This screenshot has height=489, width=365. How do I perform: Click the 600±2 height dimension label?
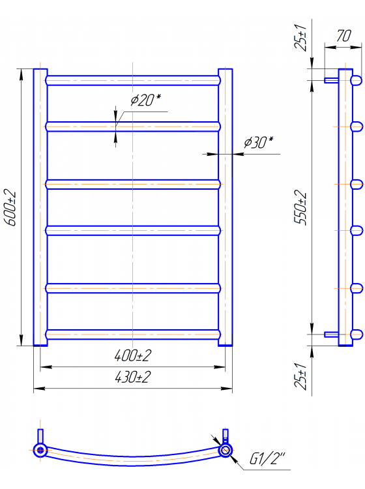(10, 207)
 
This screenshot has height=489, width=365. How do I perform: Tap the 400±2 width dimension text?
(133, 355)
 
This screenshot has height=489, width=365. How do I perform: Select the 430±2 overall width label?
(133, 377)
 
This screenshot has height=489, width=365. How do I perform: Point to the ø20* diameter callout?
(145, 100)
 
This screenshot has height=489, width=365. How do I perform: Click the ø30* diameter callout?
(258, 143)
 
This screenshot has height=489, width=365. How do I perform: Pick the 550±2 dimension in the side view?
(300, 207)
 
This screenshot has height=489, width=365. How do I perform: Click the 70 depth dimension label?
(343, 36)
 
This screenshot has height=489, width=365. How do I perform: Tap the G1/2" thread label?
(267, 458)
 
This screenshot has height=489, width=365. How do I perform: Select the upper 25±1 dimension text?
(300, 37)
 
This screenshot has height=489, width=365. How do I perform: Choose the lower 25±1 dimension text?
(300, 376)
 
